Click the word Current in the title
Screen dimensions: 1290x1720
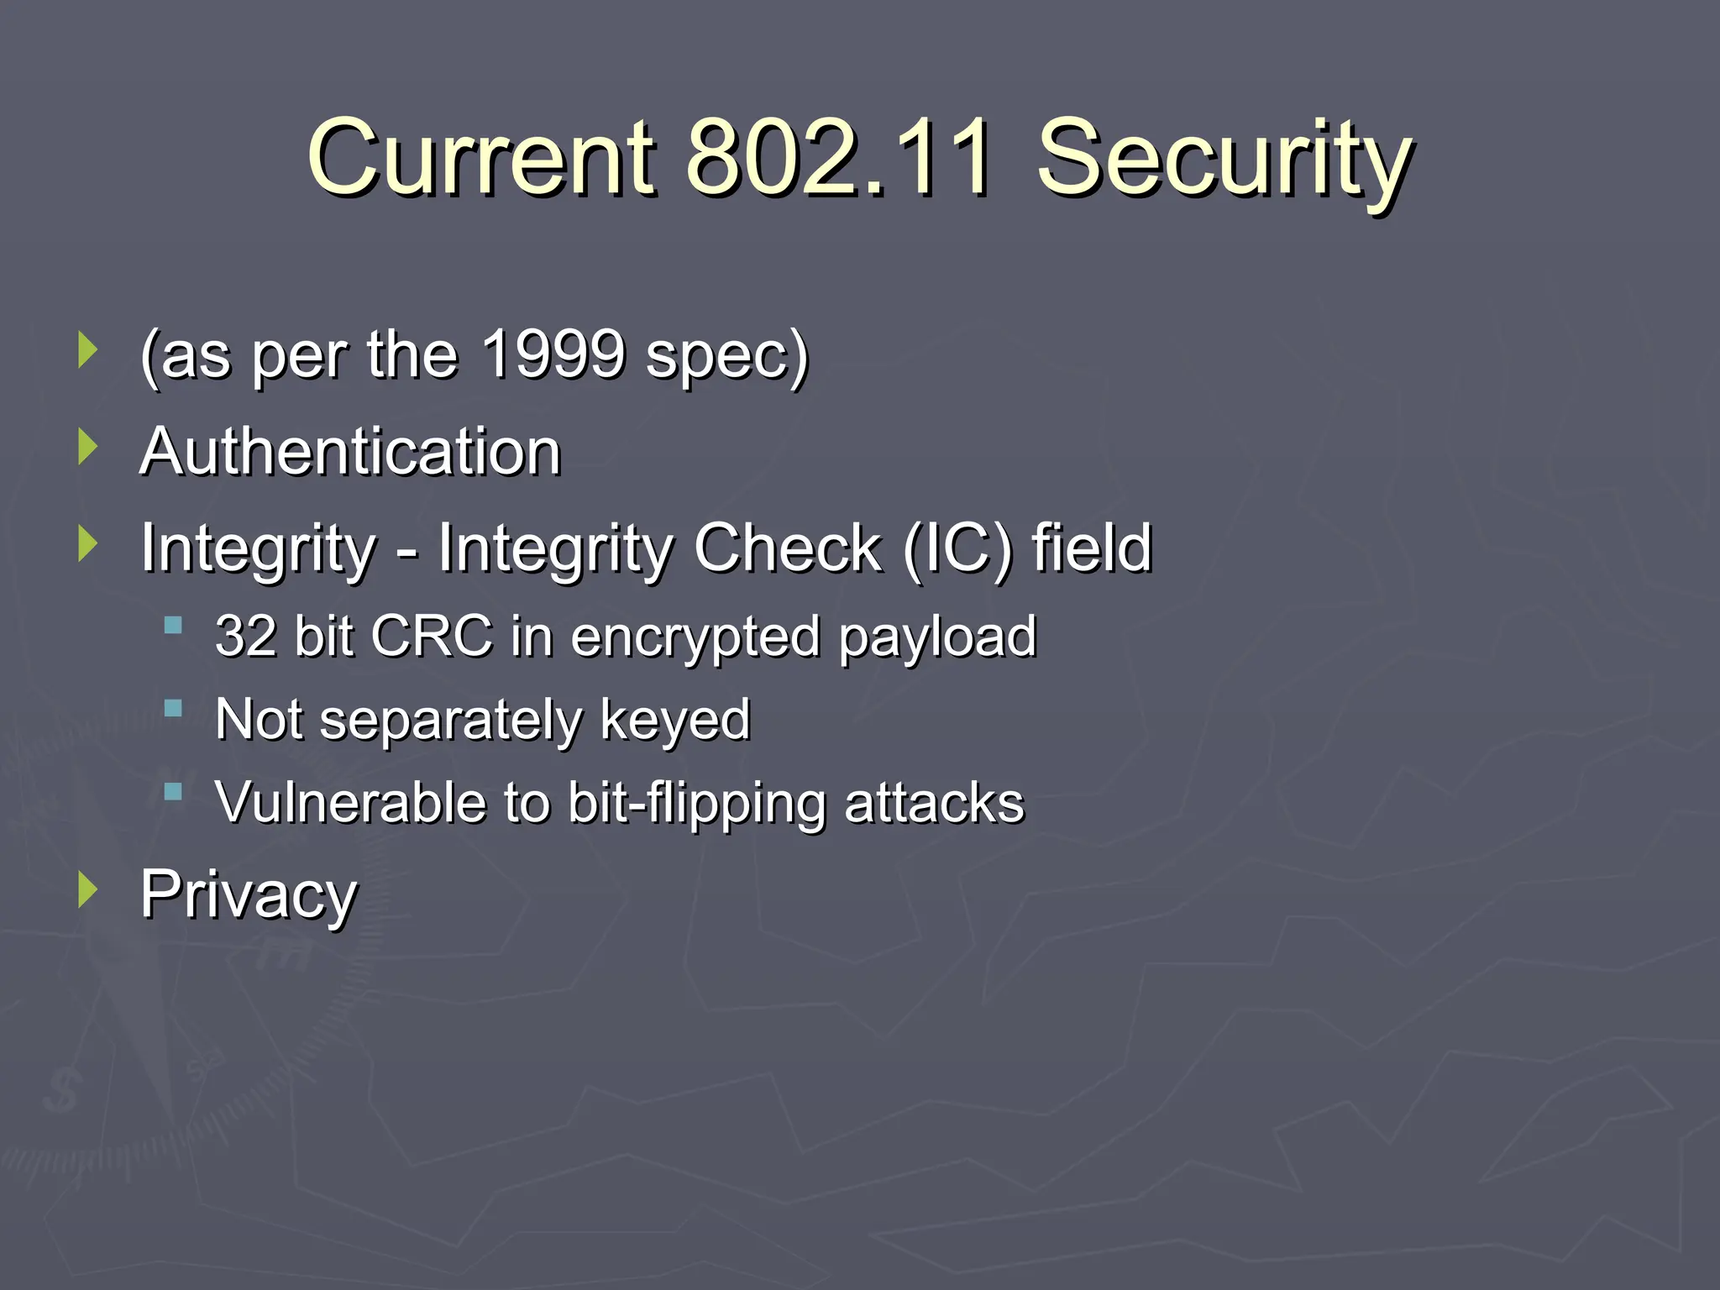480,157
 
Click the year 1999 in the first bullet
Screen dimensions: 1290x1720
554,354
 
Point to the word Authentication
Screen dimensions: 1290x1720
350,451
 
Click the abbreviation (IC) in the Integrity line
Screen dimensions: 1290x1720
957,548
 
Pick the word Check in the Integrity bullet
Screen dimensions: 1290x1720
788,548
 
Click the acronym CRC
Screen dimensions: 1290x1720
431,636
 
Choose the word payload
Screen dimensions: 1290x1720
938,638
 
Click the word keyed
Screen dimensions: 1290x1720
675,721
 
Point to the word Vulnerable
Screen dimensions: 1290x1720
349,802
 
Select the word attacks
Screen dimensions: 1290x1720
934,802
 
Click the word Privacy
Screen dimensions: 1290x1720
249,895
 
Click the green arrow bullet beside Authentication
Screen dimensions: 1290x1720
87,446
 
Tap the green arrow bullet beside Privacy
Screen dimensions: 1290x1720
87,889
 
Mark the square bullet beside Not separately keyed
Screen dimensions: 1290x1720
174,709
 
